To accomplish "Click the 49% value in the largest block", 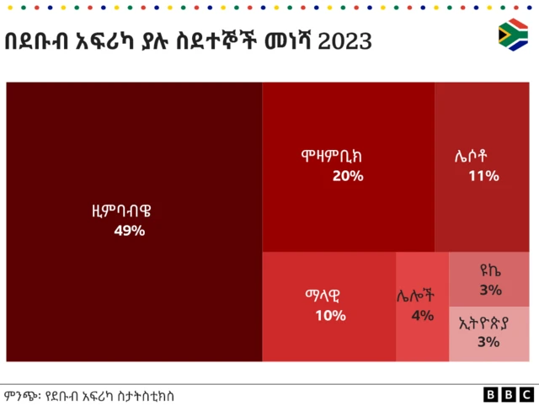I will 130,230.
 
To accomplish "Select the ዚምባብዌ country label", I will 129,211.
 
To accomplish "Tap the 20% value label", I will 348,176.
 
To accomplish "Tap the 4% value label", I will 422,316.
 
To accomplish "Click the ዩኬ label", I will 490,271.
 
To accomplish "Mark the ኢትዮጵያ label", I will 488,323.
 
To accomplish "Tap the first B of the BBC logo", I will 491,394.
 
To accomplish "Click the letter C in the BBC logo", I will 526,394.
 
